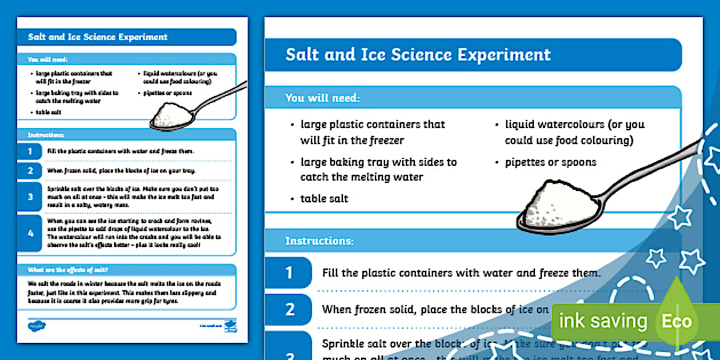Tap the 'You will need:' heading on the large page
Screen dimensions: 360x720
coord(322,98)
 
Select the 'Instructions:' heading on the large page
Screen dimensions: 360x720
coord(319,241)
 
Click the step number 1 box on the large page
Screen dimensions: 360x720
coord(289,273)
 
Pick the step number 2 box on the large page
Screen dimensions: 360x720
coord(289,309)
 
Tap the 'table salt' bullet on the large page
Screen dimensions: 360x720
coord(324,199)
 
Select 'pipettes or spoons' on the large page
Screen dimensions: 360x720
coord(550,162)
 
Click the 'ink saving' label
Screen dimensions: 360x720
coord(603,321)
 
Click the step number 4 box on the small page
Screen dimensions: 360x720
coord(30,233)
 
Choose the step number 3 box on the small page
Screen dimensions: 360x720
coord(30,197)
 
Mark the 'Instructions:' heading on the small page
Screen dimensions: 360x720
coord(46,135)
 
